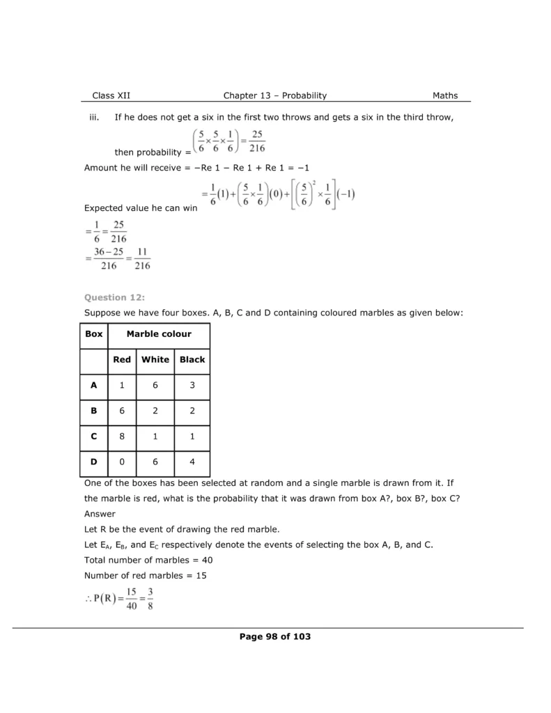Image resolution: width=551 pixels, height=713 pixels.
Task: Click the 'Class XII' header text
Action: click(x=111, y=95)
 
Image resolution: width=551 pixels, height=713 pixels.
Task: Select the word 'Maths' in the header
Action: click(x=445, y=95)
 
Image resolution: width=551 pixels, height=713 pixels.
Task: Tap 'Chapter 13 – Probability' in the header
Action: click(x=275, y=95)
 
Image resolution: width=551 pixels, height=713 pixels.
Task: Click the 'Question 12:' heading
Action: click(x=114, y=297)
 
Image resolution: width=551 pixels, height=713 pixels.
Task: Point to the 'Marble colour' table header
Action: click(x=159, y=334)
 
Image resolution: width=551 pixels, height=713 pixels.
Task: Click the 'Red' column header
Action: click(x=122, y=360)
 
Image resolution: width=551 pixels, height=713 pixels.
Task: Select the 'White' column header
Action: click(x=155, y=360)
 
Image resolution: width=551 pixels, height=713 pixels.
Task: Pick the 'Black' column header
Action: click(x=192, y=360)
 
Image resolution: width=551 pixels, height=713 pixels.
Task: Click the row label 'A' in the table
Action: click(x=94, y=385)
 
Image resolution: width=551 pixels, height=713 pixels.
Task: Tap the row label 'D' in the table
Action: click(x=94, y=461)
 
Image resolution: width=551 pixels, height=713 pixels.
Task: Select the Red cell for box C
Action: click(x=122, y=436)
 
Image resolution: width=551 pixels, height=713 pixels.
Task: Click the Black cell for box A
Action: click(x=192, y=385)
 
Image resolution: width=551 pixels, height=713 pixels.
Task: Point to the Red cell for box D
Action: click(x=122, y=461)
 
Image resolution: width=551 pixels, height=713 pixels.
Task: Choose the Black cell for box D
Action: click(x=192, y=461)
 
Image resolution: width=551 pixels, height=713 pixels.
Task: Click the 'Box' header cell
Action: click(x=94, y=334)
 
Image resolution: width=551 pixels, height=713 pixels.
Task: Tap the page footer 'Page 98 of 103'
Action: click(x=275, y=636)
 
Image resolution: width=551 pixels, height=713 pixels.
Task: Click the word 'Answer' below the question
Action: click(x=99, y=514)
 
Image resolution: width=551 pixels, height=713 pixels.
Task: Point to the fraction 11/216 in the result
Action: click(x=142, y=258)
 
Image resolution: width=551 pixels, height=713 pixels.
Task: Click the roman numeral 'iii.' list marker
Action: click(x=95, y=118)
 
